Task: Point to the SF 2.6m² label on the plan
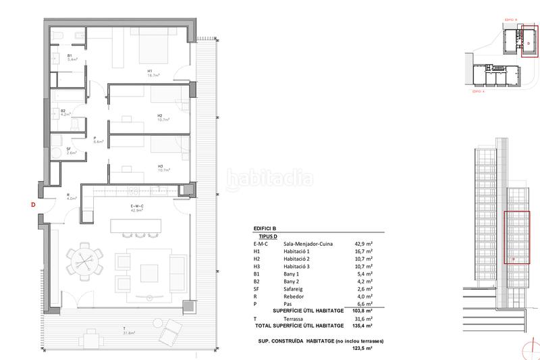[x=70, y=151]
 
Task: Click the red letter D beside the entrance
[x=32, y=205]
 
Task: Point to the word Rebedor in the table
[x=293, y=296]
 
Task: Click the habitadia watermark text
[x=269, y=179]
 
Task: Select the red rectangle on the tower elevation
[x=517, y=239]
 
